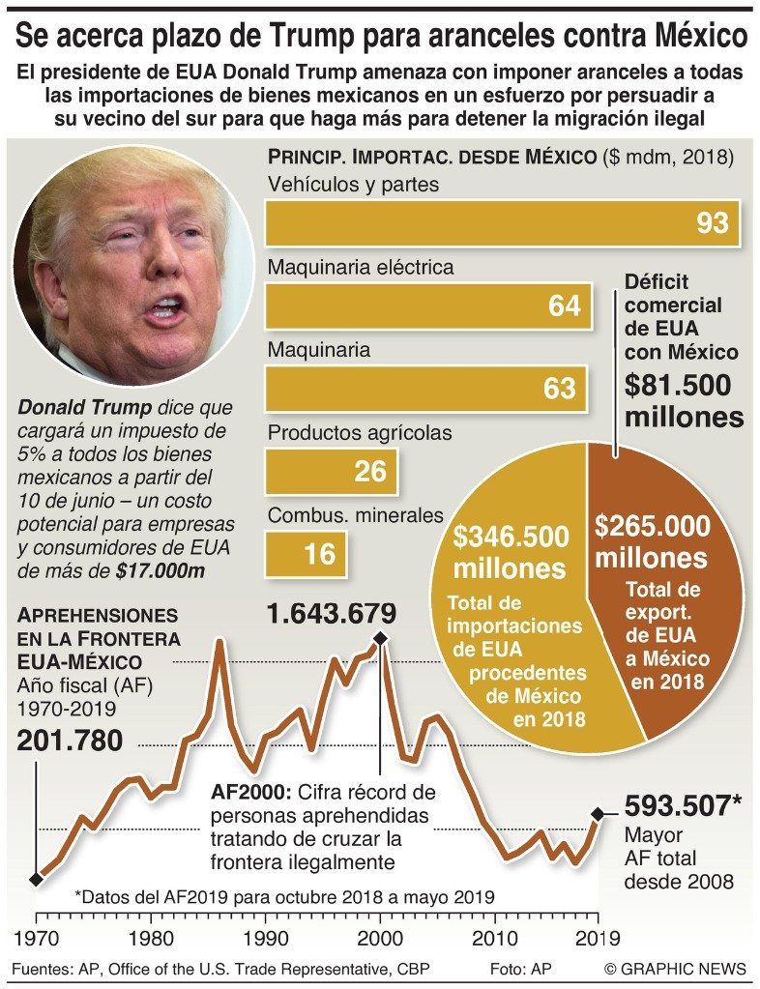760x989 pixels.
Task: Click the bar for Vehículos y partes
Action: point(503,223)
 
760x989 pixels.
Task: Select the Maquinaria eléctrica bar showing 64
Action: point(426,305)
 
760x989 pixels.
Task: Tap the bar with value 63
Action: point(426,388)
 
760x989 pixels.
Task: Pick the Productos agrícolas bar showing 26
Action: point(331,471)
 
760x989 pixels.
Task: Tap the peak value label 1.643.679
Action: point(333,613)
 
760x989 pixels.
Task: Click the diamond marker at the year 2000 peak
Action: point(380,638)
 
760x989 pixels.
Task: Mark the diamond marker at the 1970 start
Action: point(37,879)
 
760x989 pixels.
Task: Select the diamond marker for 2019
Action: point(599,814)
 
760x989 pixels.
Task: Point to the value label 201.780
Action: point(71,742)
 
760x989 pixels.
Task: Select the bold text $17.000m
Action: point(157,570)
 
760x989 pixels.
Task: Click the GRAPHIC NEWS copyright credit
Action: point(675,969)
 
